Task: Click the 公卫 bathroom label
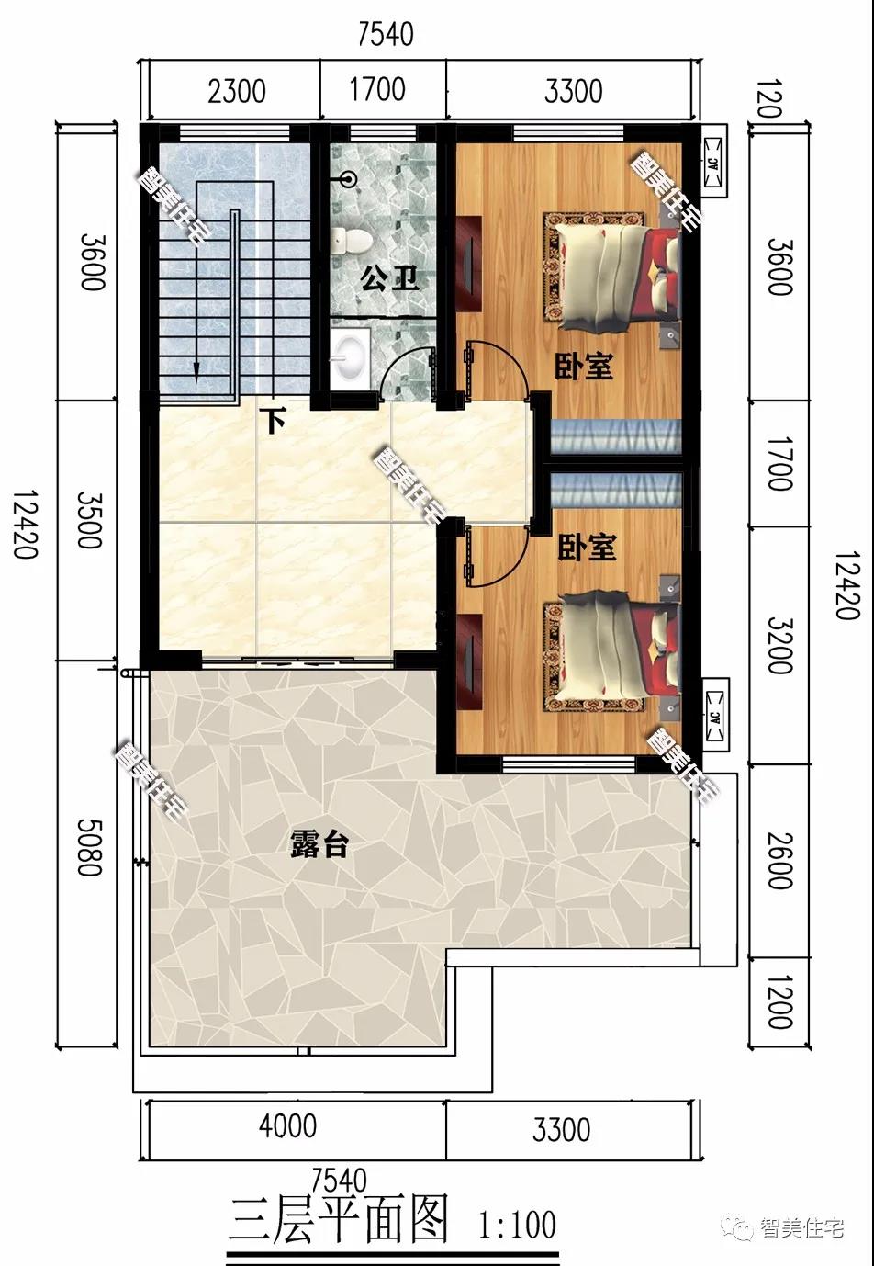click(390, 278)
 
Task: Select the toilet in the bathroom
click(351, 240)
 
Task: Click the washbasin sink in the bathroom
click(350, 359)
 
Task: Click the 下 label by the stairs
click(275, 421)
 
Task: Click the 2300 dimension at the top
click(237, 92)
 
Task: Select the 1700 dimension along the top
click(377, 90)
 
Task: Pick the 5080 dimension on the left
click(90, 848)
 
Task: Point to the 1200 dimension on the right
click(779, 1001)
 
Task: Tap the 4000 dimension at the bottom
click(288, 1126)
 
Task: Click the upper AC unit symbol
click(712, 164)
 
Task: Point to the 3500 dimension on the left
click(90, 520)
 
